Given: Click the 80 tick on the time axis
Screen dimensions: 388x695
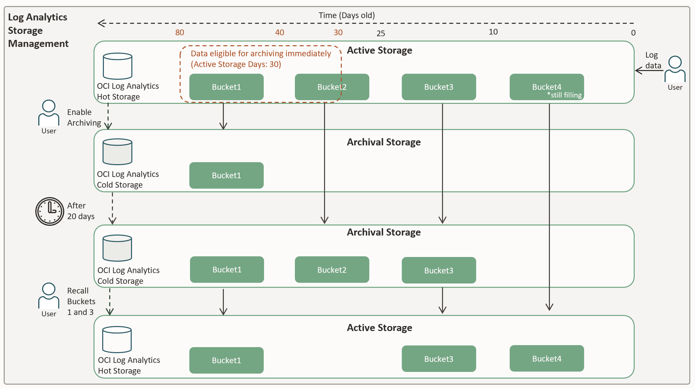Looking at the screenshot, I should pyautogui.click(x=180, y=33).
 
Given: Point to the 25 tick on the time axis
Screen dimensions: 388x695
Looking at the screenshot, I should pyautogui.click(x=381, y=34).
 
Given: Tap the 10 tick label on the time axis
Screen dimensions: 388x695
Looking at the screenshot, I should pyautogui.click(x=493, y=32).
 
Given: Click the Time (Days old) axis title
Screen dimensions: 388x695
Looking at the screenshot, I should pyautogui.click(x=346, y=15).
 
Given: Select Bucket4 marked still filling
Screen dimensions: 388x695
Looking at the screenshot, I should pyautogui.click(x=547, y=87).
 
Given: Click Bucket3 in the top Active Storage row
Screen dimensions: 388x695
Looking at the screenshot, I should pyautogui.click(x=439, y=87).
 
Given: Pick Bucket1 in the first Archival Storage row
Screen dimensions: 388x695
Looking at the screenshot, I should pyautogui.click(x=226, y=176).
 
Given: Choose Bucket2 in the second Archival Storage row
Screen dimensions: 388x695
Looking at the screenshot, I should pyautogui.click(x=332, y=270).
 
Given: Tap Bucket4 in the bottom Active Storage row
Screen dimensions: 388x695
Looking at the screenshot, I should pyautogui.click(x=547, y=359).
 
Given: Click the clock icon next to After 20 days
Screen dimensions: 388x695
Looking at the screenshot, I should pyautogui.click(x=50, y=211).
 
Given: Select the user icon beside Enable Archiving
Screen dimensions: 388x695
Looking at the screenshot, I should pyautogui.click(x=49, y=113).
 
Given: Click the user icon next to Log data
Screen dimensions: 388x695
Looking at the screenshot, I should pyautogui.click(x=675, y=69).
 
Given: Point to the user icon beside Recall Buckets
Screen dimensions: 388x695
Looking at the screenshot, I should pyautogui.click(x=49, y=296).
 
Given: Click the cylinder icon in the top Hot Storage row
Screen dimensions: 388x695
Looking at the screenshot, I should pyautogui.click(x=117, y=66).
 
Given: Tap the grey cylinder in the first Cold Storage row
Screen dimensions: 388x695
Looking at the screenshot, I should pyautogui.click(x=117, y=152).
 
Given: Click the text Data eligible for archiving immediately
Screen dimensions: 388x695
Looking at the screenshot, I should pyautogui.click(x=261, y=54).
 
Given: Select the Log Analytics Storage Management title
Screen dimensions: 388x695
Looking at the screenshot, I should pyautogui.click(x=38, y=30).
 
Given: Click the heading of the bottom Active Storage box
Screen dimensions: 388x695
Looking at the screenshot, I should pyautogui.click(x=379, y=328).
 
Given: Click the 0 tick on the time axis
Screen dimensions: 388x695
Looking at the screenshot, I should pyautogui.click(x=633, y=33).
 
